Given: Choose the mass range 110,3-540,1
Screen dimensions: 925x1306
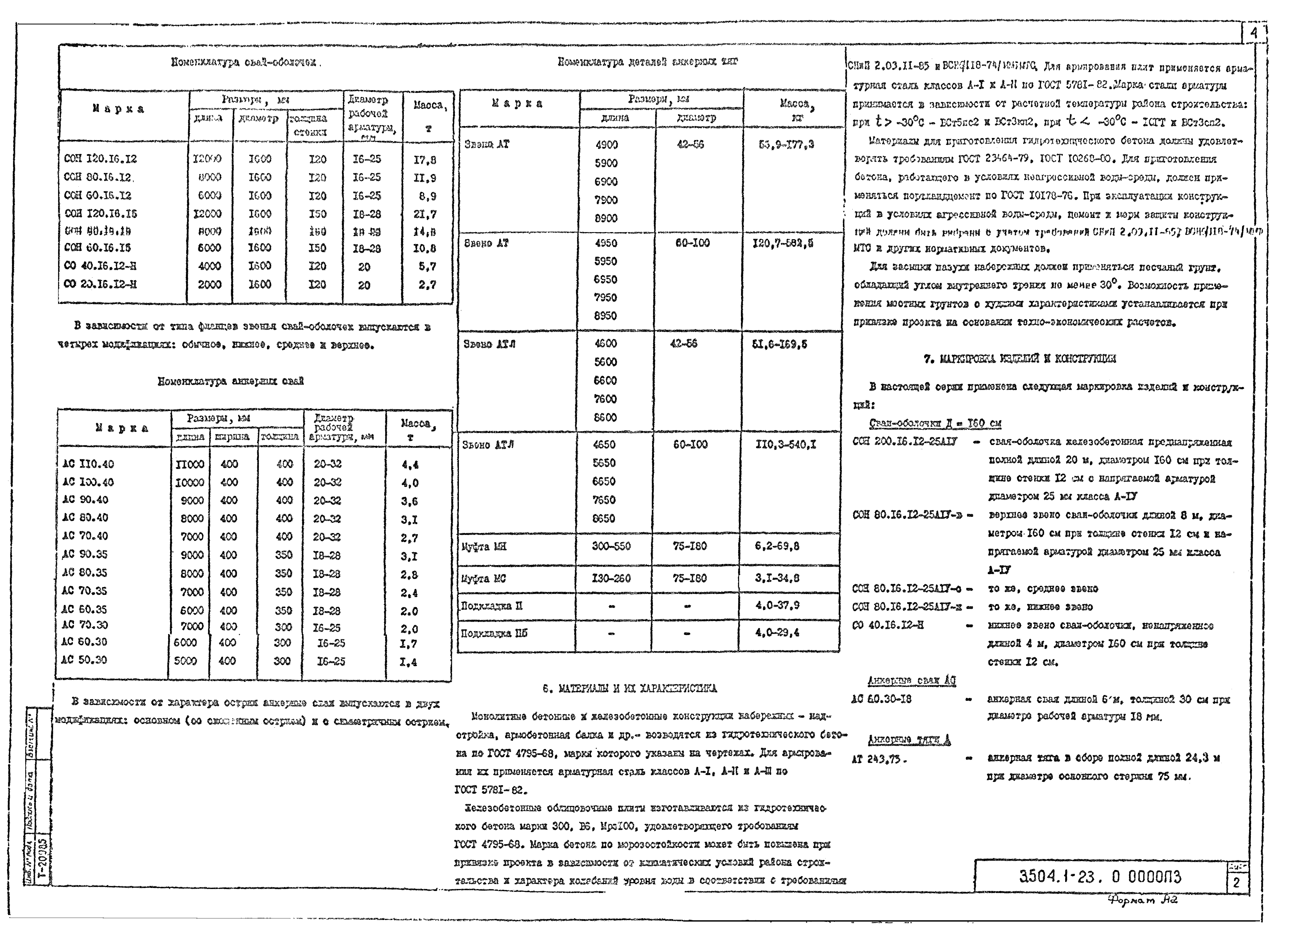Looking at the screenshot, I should (785, 445).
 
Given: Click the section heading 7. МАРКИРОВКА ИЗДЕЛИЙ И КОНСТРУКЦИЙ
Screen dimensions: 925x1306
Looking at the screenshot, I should (1020, 359).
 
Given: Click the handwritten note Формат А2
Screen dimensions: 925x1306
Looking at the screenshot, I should (1142, 901).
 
